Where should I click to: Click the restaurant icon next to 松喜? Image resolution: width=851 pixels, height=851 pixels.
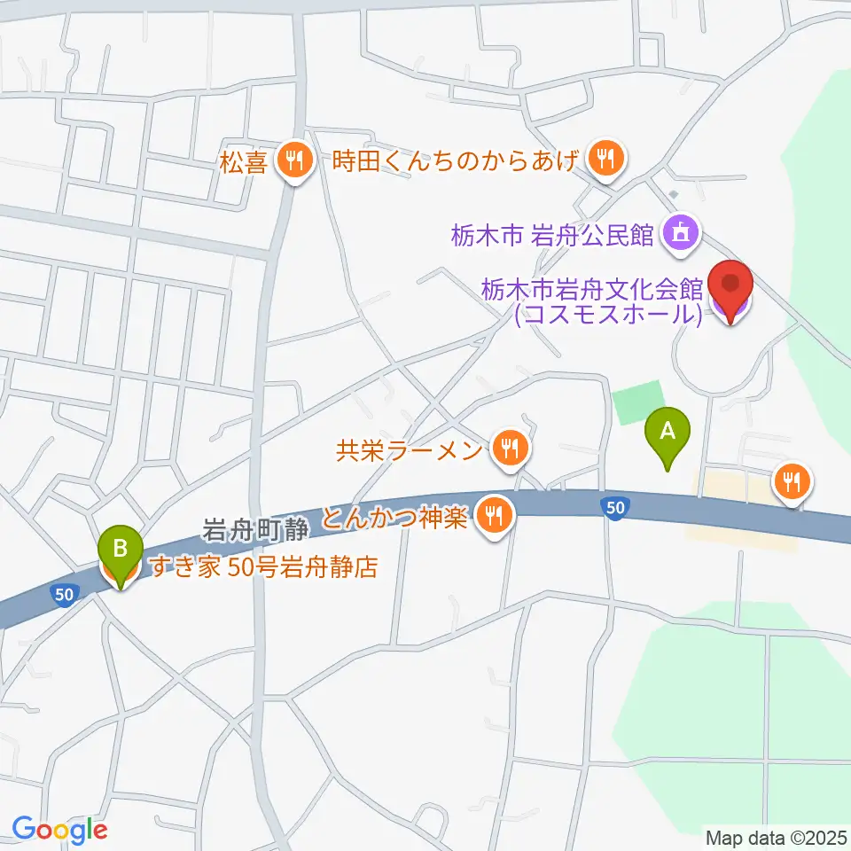coord(292,160)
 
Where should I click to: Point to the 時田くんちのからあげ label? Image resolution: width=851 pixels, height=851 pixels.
coord(457,160)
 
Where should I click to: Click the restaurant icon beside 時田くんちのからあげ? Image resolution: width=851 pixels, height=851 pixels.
coord(606,160)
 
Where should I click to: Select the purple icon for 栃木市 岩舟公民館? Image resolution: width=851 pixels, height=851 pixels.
coord(681,234)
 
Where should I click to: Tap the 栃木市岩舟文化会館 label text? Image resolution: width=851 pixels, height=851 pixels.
coord(592,288)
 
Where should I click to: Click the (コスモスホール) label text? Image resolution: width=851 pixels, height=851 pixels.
coord(608,314)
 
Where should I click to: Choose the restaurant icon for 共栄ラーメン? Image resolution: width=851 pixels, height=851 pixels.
coord(509,449)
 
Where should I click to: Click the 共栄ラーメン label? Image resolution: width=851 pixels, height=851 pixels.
coord(409,450)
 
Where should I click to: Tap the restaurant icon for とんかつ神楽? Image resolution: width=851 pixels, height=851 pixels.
coord(492,515)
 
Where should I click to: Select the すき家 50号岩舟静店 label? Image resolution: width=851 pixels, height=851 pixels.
coord(262,567)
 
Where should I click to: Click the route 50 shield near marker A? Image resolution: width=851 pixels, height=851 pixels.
coord(613,507)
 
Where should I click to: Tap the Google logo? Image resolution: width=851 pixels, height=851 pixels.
coord(59,830)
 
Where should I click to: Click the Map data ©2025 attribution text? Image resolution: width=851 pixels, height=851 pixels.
coord(775,837)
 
